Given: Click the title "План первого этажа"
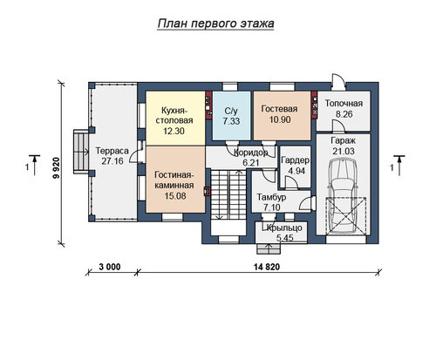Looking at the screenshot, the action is [x=215, y=24].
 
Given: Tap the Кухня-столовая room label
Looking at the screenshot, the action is [x=174, y=115].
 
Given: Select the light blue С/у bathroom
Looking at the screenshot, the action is [x=231, y=116].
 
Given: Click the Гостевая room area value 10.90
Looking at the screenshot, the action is [x=280, y=119].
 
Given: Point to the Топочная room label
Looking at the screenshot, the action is [x=344, y=104].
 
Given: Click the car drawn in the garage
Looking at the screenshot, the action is [x=343, y=194].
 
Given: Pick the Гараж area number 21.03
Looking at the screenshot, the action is [x=344, y=152].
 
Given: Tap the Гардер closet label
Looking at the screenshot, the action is [x=295, y=160].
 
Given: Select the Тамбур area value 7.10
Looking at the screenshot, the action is [x=272, y=207].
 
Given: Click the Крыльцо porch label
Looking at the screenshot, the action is [x=284, y=228].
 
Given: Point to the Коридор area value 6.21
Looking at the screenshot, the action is [x=251, y=163].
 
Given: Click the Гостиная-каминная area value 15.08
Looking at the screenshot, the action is [x=175, y=196].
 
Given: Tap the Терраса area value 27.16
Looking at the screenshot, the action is [x=112, y=161].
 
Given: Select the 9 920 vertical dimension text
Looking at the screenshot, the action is [x=56, y=168].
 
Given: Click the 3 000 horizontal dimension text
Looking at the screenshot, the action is [x=110, y=267].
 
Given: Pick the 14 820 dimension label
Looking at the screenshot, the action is [x=267, y=267].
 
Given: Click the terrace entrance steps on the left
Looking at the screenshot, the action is [x=81, y=151].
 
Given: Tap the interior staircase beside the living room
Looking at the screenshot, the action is [x=228, y=194].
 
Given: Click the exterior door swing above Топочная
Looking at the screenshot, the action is [x=339, y=79].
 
